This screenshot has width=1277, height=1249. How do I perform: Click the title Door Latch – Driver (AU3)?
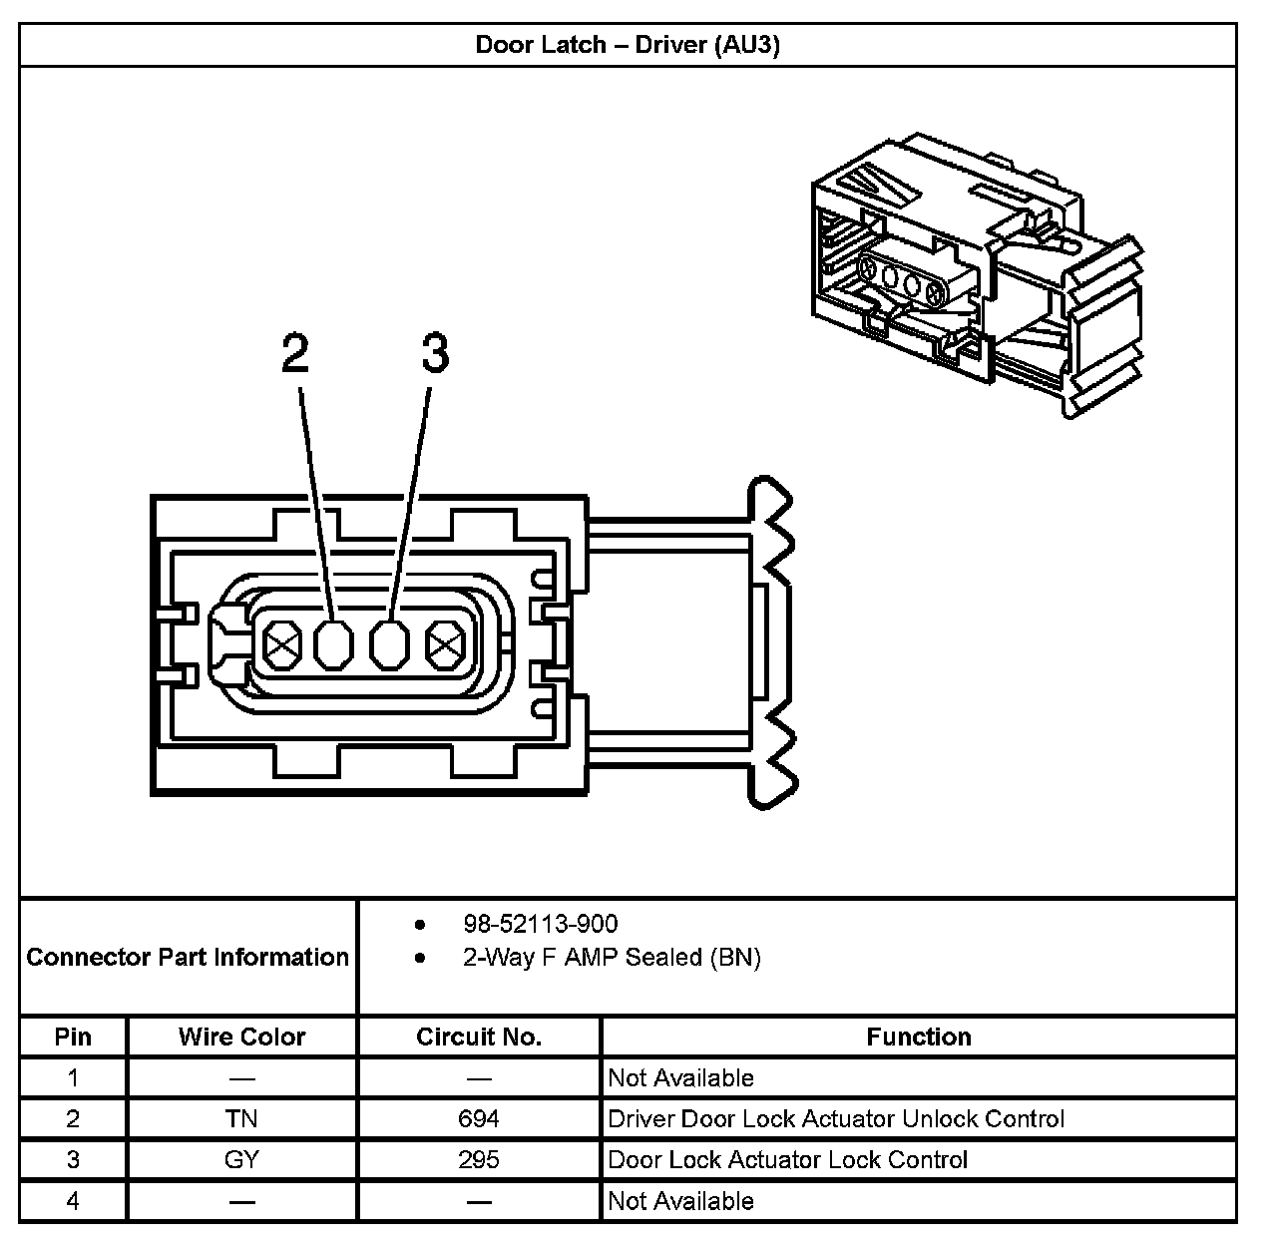[627, 45]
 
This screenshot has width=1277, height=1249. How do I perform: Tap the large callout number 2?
[295, 353]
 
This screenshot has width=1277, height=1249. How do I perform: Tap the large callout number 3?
[435, 353]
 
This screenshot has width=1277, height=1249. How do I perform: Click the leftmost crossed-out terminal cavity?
[282, 646]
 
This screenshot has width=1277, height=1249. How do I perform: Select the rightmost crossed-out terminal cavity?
[443, 646]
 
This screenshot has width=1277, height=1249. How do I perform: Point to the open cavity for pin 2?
[334, 646]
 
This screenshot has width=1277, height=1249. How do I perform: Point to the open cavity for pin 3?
[390, 646]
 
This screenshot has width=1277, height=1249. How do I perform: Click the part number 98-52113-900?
[540, 924]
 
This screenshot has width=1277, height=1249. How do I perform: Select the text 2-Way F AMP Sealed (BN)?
[612, 958]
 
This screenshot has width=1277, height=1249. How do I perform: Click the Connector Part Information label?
[188, 958]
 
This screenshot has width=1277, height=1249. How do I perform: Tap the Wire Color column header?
[241, 1037]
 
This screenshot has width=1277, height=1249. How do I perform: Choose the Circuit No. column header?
[479, 1037]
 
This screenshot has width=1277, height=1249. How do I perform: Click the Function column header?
[918, 1037]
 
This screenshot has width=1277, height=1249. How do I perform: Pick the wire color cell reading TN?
[241, 1119]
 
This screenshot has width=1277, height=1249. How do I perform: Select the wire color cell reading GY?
[241, 1160]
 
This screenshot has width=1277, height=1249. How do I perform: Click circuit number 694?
[479, 1119]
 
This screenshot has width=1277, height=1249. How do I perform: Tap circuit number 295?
[479, 1160]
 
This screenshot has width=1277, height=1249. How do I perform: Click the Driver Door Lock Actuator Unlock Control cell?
[836, 1119]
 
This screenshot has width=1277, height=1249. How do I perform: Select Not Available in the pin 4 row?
[680, 1201]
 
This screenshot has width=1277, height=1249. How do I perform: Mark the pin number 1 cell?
[73, 1078]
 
